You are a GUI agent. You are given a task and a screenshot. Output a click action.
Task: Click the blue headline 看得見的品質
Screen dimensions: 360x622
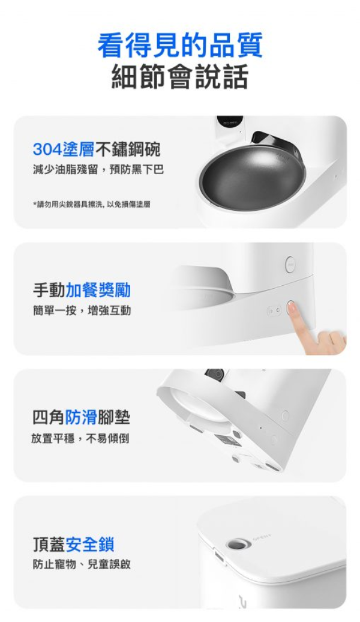point(180,46)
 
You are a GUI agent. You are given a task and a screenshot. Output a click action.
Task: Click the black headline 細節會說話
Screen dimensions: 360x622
point(180,76)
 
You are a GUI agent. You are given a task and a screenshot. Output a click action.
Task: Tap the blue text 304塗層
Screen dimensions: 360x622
point(64,149)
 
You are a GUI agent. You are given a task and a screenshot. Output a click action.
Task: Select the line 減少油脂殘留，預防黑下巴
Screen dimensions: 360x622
point(98,169)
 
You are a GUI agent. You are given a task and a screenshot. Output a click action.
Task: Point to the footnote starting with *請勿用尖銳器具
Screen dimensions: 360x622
point(92,204)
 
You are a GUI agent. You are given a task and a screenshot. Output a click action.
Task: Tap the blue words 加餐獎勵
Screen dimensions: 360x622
point(98,291)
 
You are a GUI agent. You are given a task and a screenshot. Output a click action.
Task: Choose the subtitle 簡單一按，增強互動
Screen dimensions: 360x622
point(82,310)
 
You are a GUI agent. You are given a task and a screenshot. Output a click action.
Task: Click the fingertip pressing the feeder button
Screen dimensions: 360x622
point(292,307)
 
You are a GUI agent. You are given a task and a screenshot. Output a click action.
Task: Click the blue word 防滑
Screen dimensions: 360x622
point(81,417)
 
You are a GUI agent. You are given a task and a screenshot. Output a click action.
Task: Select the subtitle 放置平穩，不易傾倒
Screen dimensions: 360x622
point(80,438)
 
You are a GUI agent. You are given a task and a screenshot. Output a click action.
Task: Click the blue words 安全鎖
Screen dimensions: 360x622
point(90,544)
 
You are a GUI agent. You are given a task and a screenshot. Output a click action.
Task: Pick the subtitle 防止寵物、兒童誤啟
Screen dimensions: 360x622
point(82,564)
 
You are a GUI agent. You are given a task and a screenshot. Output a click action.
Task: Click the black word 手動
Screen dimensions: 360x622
point(49,291)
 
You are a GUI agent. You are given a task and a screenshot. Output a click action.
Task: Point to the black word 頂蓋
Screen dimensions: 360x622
point(49,544)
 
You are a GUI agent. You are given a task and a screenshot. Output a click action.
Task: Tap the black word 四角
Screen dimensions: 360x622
point(49,417)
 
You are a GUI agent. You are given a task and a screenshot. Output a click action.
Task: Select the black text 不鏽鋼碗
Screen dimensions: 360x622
point(128,149)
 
